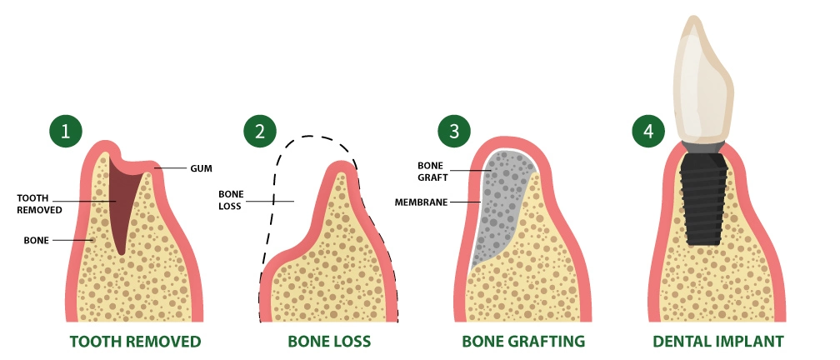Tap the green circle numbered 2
(260, 132)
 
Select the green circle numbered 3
(454, 132)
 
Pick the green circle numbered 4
(648, 132)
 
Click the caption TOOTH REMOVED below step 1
(135, 342)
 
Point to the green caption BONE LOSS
(329, 342)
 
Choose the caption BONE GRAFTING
(523, 342)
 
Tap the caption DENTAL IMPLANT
(718, 342)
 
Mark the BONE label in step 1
(37, 240)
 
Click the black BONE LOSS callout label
(230, 199)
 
